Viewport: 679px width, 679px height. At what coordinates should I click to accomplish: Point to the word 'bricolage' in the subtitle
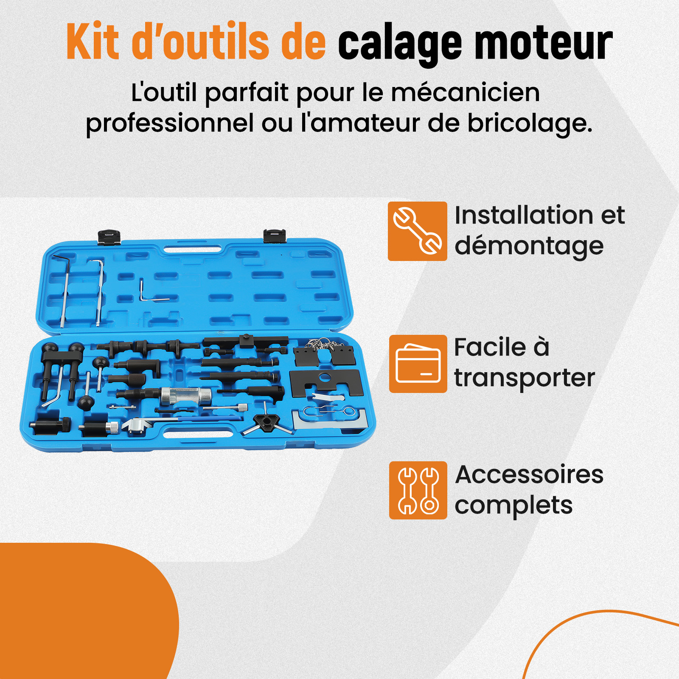pyautogui.click(x=530, y=123)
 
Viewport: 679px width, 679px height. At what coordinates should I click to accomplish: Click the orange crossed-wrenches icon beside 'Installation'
pyautogui.click(x=417, y=231)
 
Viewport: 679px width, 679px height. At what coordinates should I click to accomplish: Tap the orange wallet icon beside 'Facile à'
pyautogui.click(x=418, y=364)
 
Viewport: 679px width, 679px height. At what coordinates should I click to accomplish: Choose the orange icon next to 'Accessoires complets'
pyautogui.click(x=418, y=490)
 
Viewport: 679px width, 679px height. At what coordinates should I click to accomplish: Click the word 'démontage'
pyautogui.click(x=529, y=246)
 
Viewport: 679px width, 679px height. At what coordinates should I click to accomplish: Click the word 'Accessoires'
pyautogui.click(x=529, y=474)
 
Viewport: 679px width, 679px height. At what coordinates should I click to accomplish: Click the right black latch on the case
pyautogui.click(x=274, y=236)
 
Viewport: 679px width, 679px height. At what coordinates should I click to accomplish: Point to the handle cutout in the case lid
pyautogui.click(x=193, y=250)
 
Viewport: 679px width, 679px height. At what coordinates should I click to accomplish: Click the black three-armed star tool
pyautogui.click(x=267, y=422)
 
